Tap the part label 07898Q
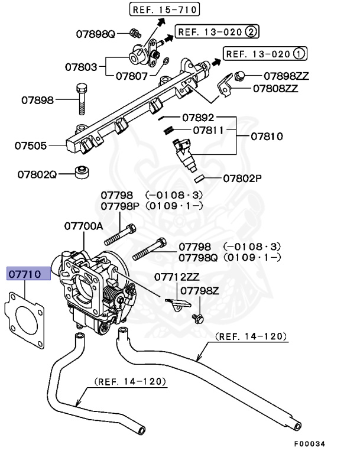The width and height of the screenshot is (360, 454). point(95,33)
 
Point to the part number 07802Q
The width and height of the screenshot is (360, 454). point(37,175)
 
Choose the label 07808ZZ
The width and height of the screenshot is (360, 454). point(275,89)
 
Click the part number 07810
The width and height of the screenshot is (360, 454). point(267,137)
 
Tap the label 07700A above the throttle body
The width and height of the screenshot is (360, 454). point(84,226)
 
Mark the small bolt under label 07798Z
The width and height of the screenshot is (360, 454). point(197,319)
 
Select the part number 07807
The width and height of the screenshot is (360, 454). point(135,76)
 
